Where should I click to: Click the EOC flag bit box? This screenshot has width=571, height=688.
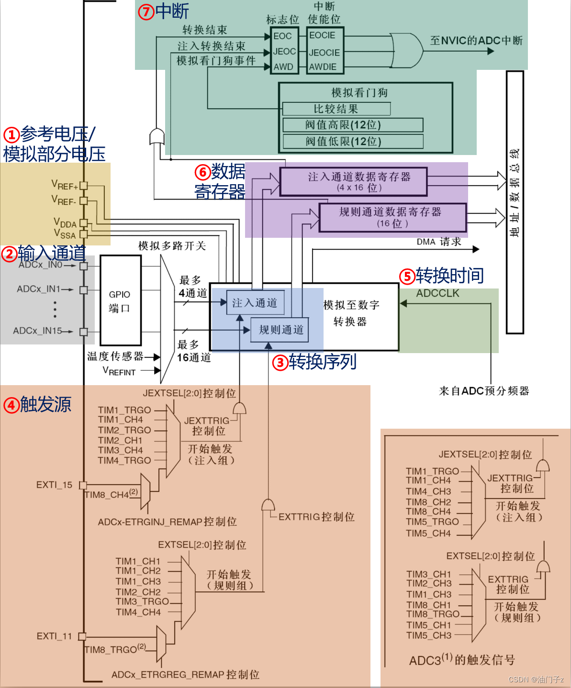click(x=283, y=36)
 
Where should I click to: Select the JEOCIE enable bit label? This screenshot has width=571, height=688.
click(x=325, y=53)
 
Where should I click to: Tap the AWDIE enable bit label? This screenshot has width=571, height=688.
click(x=323, y=67)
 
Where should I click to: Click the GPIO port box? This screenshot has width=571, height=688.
click(x=120, y=300)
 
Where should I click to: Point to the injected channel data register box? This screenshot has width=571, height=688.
click(x=353, y=182)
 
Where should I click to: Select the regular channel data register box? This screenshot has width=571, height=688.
click(x=392, y=217)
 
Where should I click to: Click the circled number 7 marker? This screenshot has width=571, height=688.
click(x=146, y=11)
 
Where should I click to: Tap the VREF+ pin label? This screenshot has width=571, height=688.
click(x=65, y=185)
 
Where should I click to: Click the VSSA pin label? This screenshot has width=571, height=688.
click(x=65, y=234)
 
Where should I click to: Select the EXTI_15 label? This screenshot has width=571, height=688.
click(x=54, y=485)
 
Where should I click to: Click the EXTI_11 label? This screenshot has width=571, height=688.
click(x=54, y=636)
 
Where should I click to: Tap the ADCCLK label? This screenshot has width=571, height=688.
click(x=437, y=293)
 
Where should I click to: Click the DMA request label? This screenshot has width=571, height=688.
click(x=438, y=242)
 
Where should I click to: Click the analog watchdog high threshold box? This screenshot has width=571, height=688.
click(x=353, y=125)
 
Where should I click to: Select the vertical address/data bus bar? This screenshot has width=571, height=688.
click(x=515, y=201)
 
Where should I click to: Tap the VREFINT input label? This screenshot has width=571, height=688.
click(x=119, y=371)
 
